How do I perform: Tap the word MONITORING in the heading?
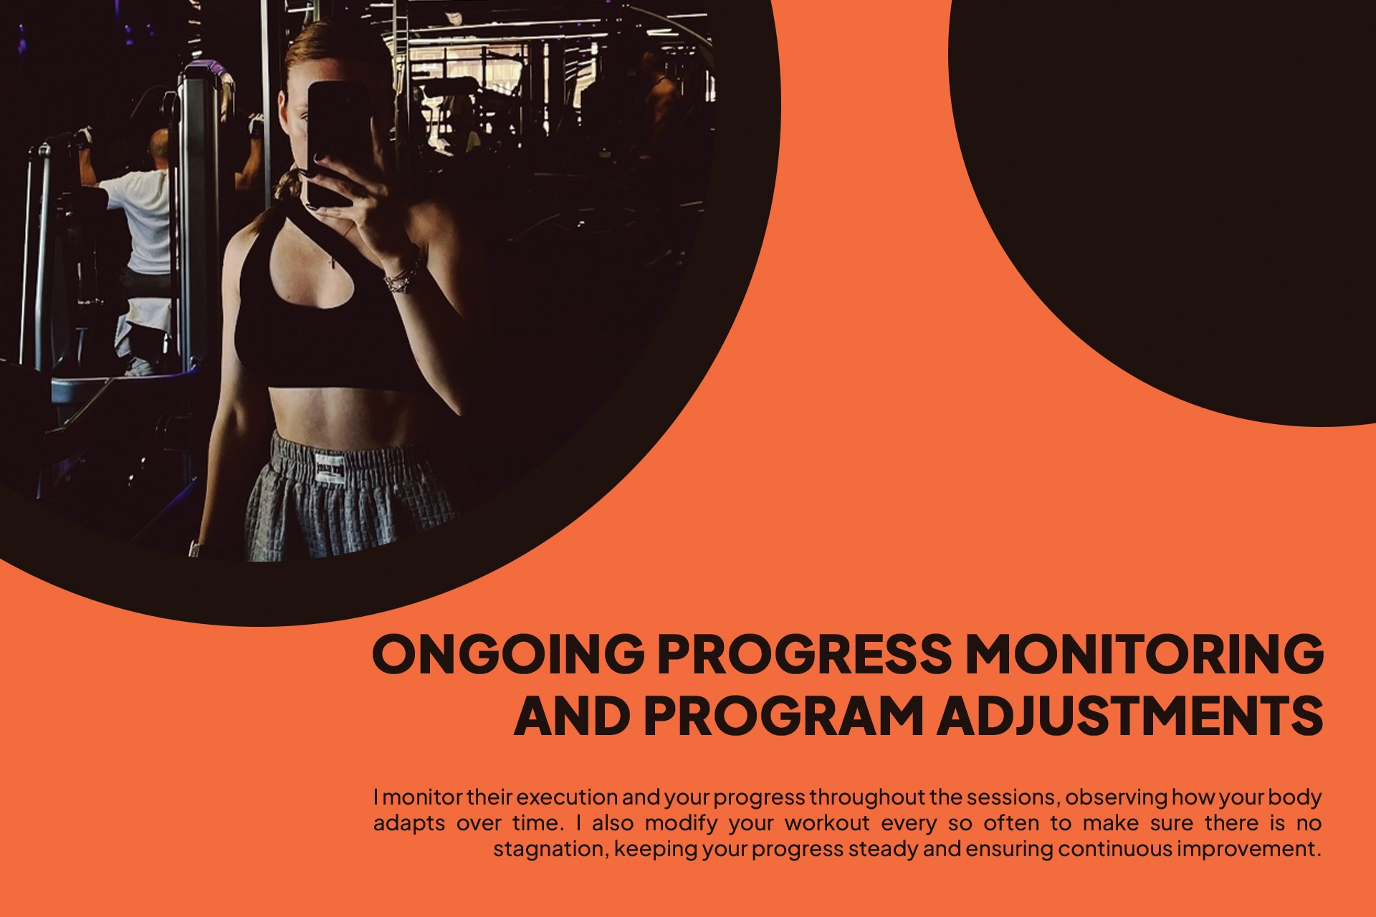pos(1145,653)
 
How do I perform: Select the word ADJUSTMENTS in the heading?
pos(1129,716)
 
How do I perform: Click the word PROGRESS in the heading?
pos(804,653)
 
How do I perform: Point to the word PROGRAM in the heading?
pos(783,716)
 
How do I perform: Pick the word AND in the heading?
pos(572,716)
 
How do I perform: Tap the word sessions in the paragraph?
pos(1012,797)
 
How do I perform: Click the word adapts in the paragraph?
pos(409,823)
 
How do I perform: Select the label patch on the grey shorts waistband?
pos(330,470)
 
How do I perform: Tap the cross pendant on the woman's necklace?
pos(332,262)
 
